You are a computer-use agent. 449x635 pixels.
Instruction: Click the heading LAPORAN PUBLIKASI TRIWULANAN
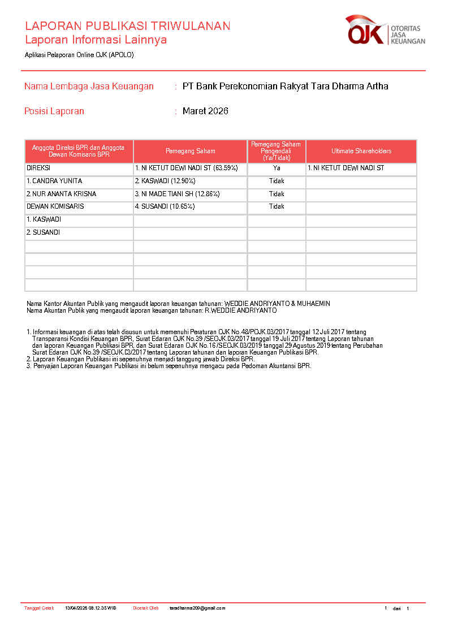click(x=127, y=26)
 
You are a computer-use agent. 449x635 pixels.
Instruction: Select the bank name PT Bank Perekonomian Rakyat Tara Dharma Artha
click(x=285, y=87)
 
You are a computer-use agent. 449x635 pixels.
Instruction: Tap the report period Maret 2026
click(x=205, y=111)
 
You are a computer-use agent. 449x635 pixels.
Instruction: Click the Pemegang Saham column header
click(x=190, y=152)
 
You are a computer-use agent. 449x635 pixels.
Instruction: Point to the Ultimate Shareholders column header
click(x=361, y=152)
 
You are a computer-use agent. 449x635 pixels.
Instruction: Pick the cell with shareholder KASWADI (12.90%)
click(x=165, y=181)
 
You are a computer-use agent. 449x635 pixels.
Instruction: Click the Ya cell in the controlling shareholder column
click(x=277, y=169)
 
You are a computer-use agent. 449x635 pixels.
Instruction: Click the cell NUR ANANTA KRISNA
click(x=62, y=194)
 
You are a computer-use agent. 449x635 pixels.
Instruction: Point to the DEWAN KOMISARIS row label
click(x=55, y=206)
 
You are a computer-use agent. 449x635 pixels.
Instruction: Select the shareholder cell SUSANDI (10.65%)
click(x=165, y=206)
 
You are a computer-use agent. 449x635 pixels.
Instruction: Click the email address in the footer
click(x=197, y=608)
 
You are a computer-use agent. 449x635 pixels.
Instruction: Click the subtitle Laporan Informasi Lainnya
click(x=96, y=40)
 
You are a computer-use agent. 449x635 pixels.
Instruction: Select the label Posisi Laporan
click(x=54, y=111)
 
